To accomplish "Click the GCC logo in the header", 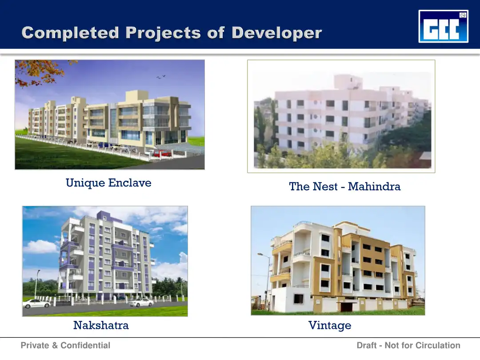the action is [x=443, y=26].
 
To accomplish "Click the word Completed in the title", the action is [x=70, y=32].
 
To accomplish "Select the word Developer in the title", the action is [x=276, y=33].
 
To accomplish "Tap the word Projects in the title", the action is [x=163, y=33].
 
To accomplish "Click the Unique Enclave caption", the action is [x=108, y=183].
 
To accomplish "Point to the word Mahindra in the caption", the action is [x=374, y=186].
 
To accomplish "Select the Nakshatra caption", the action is [x=101, y=325].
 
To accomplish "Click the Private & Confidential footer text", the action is [x=65, y=345].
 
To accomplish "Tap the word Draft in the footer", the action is [x=366, y=345].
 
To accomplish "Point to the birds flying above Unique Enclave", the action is [x=161, y=76].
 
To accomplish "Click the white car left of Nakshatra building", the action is [x=37, y=304].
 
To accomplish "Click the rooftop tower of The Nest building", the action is [x=348, y=82].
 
